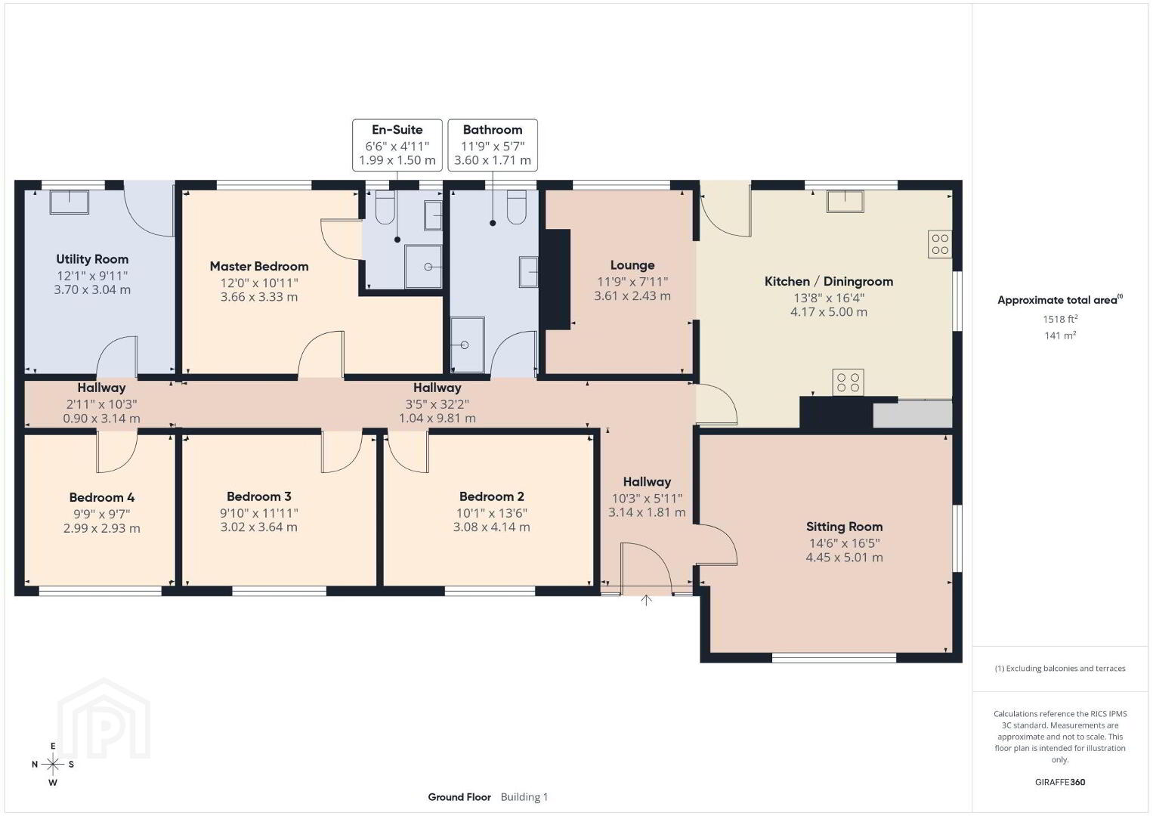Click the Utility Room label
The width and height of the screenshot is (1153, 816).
[92, 259]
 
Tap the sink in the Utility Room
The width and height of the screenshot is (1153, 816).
[69, 202]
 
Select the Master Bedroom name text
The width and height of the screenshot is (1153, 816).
[259, 266]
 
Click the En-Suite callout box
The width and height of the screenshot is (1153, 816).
[397, 144]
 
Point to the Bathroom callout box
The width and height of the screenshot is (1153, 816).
[493, 144]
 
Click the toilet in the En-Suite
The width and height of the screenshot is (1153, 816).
[385, 207]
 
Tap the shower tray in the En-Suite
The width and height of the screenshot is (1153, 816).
[423, 267]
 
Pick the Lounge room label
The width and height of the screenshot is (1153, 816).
[632, 265]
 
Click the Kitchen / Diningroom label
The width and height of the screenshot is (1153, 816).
[829, 282]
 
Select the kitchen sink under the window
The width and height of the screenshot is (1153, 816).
[845, 201]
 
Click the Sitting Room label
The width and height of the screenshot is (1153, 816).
[844, 527]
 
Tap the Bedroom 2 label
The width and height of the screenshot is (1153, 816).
[492, 496]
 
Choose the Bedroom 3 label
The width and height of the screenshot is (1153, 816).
[259, 496]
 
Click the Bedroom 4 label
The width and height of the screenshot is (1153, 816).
[102, 497]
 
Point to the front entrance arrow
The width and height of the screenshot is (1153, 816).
[646, 600]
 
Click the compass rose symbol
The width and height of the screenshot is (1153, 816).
[53, 765]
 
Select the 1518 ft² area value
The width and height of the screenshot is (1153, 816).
[1060, 319]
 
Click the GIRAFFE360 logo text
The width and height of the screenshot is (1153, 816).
[1060, 782]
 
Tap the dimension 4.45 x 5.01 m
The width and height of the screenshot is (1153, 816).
[844, 557]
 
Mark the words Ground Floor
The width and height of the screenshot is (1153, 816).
[459, 797]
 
